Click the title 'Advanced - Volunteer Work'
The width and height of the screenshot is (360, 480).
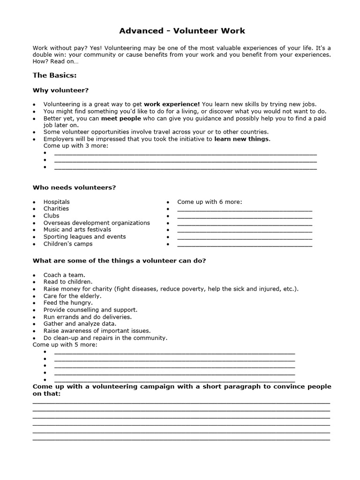[182, 31]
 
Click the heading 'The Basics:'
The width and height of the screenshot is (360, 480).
[54, 75]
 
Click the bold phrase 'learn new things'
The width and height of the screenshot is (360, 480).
[241, 139]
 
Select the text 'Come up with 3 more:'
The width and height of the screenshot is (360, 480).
[75, 146]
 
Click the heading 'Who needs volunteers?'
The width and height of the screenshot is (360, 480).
[74, 187]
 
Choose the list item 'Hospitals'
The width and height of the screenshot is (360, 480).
[56, 202]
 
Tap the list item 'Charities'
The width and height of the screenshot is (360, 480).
[56, 209]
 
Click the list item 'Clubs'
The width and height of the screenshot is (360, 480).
[51, 216]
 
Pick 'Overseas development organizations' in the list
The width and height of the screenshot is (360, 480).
[97, 223]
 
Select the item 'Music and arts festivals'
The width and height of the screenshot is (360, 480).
[77, 230]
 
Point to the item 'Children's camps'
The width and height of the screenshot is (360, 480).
[68, 244]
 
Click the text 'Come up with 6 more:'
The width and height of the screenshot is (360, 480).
[210, 202]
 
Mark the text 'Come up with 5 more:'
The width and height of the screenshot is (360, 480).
[65, 345]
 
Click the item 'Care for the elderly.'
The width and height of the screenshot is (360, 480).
[72, 296]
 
